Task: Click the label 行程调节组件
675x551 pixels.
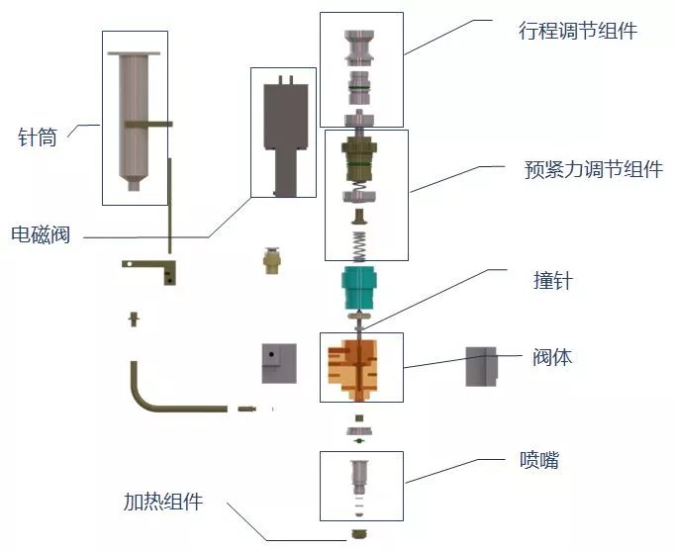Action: click(x=577, y=31)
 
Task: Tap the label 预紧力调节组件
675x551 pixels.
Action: click(x=593, y=169)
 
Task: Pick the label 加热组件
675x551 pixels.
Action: click(x=163, y=502)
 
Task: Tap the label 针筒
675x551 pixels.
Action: click(x=38, y=138)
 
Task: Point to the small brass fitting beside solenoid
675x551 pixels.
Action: click(x=269, y=261)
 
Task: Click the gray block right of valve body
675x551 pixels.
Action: click(x=481, y=366)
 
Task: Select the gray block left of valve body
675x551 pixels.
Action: click(x=279, y=363)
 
